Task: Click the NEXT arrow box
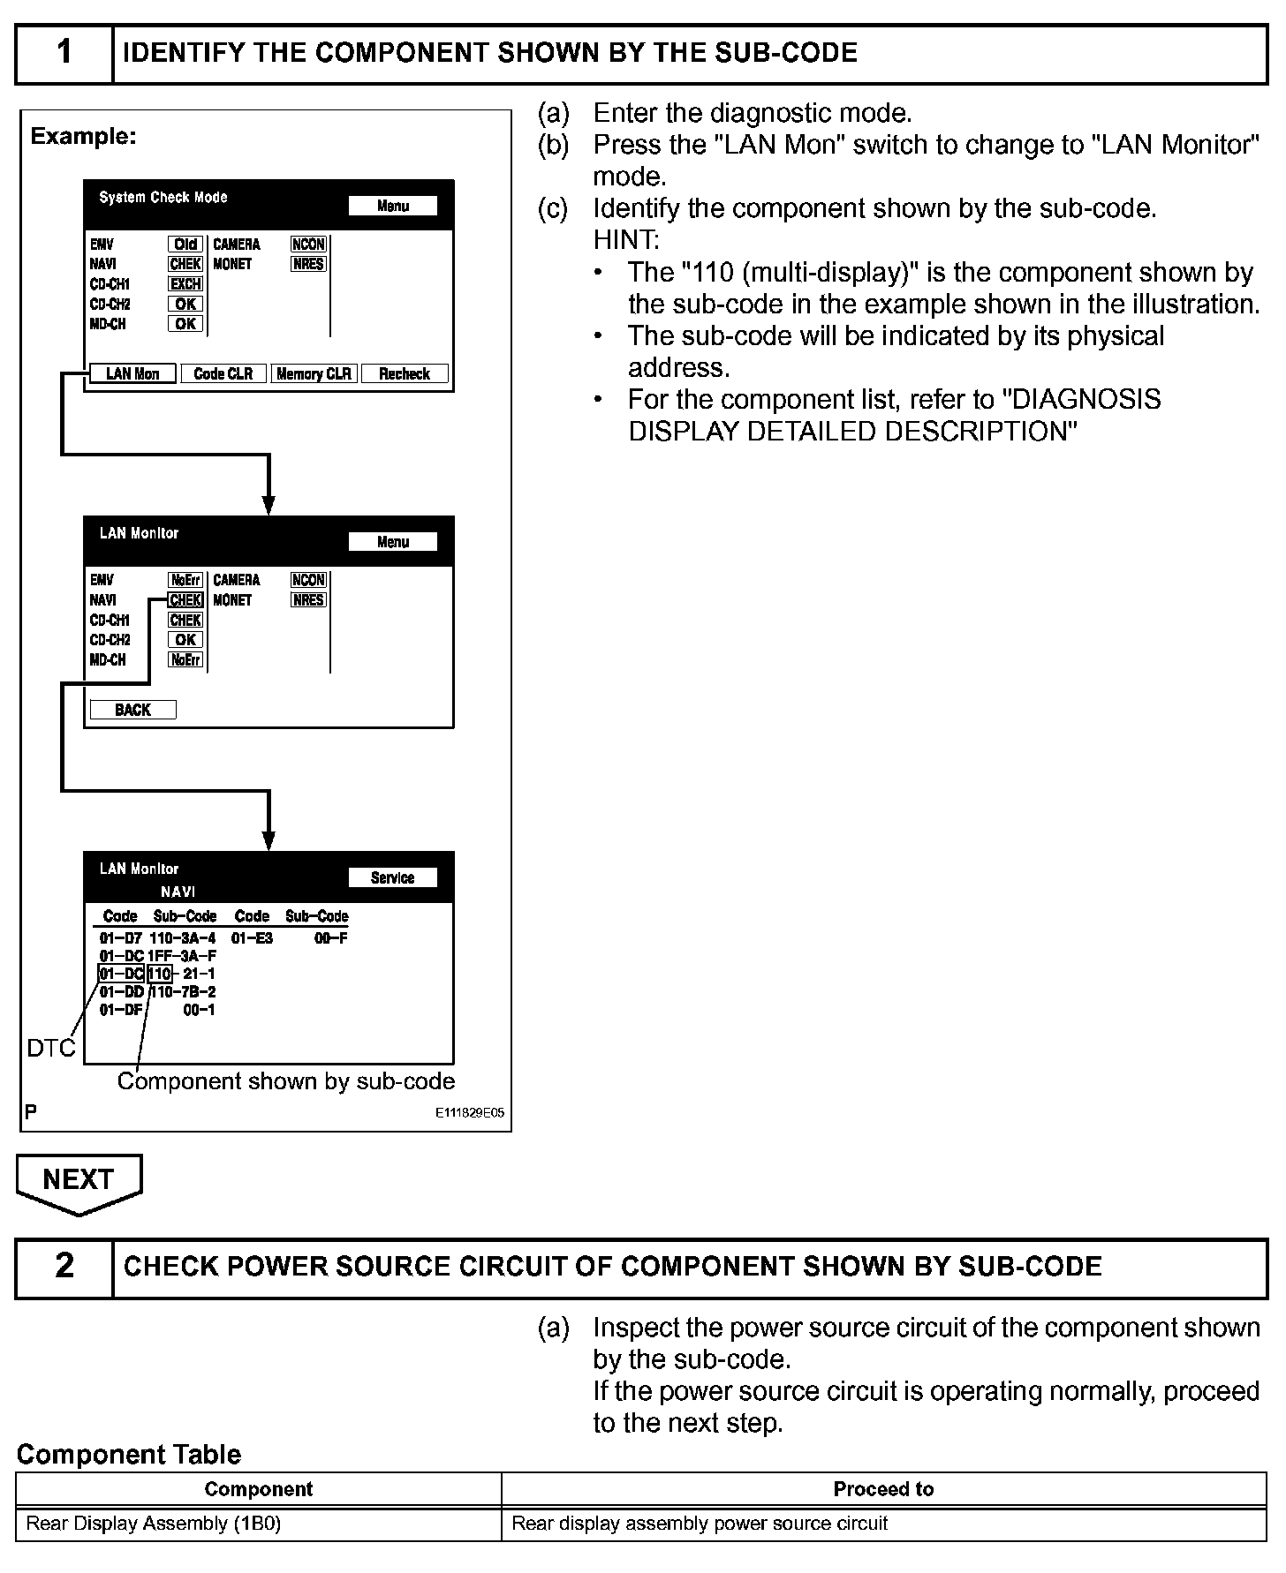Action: coord(79,1180)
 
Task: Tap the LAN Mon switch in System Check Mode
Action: coord(132,374)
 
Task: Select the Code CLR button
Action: coord(223,374)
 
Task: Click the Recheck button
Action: coord(405,374)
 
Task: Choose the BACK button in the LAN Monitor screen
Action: coord(132,711)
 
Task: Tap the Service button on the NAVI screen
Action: coord(392,878)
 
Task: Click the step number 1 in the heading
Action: coord(64,53)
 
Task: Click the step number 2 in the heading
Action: coord(64,1267)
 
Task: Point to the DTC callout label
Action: coord(51,1049)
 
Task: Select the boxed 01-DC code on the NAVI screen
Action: coord(121,974)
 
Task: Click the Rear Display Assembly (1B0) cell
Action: coord(154,1524)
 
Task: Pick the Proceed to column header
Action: coord(883,1489)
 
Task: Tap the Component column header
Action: coord(258,1489)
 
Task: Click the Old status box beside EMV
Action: coord(185,245)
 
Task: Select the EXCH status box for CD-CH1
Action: coord(185,284)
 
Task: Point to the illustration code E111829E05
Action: coord(469,1113)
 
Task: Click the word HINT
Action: coord(625,240)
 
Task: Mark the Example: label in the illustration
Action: coord(83,137)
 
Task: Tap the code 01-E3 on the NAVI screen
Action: coord(252,938)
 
